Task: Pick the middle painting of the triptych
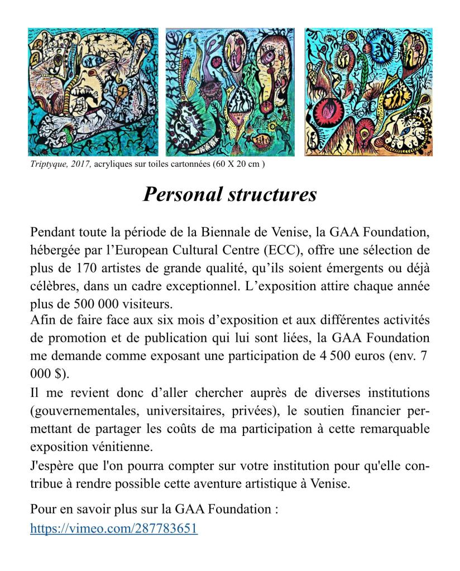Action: (230, 92)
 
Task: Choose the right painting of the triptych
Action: (368, 92)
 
